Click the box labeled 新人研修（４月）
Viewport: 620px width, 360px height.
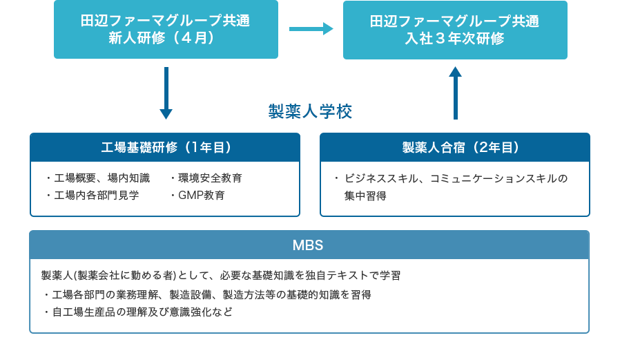(x=166, y=30)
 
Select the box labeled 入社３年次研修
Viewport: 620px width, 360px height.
(x=455, y=30)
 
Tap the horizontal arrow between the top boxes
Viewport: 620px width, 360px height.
(x=311, y=29)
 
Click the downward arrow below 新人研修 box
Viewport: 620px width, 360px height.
(x=166, y=93)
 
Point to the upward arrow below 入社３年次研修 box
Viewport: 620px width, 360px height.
(x=455, y=93)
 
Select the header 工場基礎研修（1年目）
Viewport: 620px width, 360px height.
(x=165, y=147)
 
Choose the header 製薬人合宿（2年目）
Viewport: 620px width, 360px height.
(x=455, y=147)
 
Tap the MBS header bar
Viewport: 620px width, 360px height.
(x=309, y=245)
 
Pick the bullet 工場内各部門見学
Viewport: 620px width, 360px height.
(x=96, y=195)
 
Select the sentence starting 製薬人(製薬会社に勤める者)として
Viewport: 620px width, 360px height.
(x=221, y=275)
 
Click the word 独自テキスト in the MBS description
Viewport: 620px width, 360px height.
(x=331, y=275)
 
